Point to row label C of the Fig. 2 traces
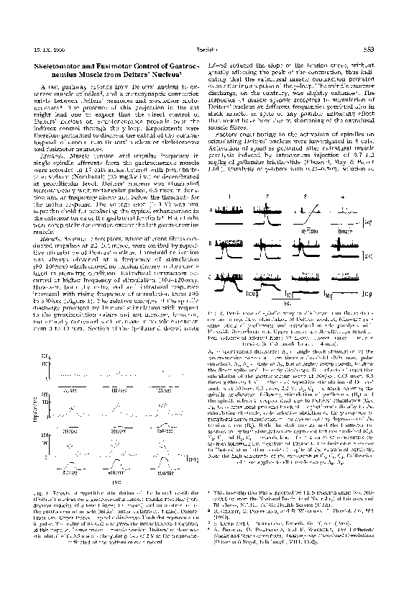pos(211,276)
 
